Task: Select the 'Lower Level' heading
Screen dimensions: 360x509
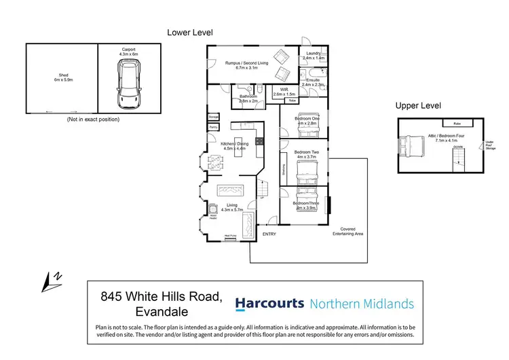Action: click(190, 32)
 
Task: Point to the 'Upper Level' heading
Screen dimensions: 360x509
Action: click(419, 106)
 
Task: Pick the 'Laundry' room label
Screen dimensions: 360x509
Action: click(313, 56)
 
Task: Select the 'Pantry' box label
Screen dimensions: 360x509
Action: click(213, 127)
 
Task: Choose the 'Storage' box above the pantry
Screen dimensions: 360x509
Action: click(213, 118)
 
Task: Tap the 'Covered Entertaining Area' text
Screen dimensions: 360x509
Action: click(348, 231)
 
